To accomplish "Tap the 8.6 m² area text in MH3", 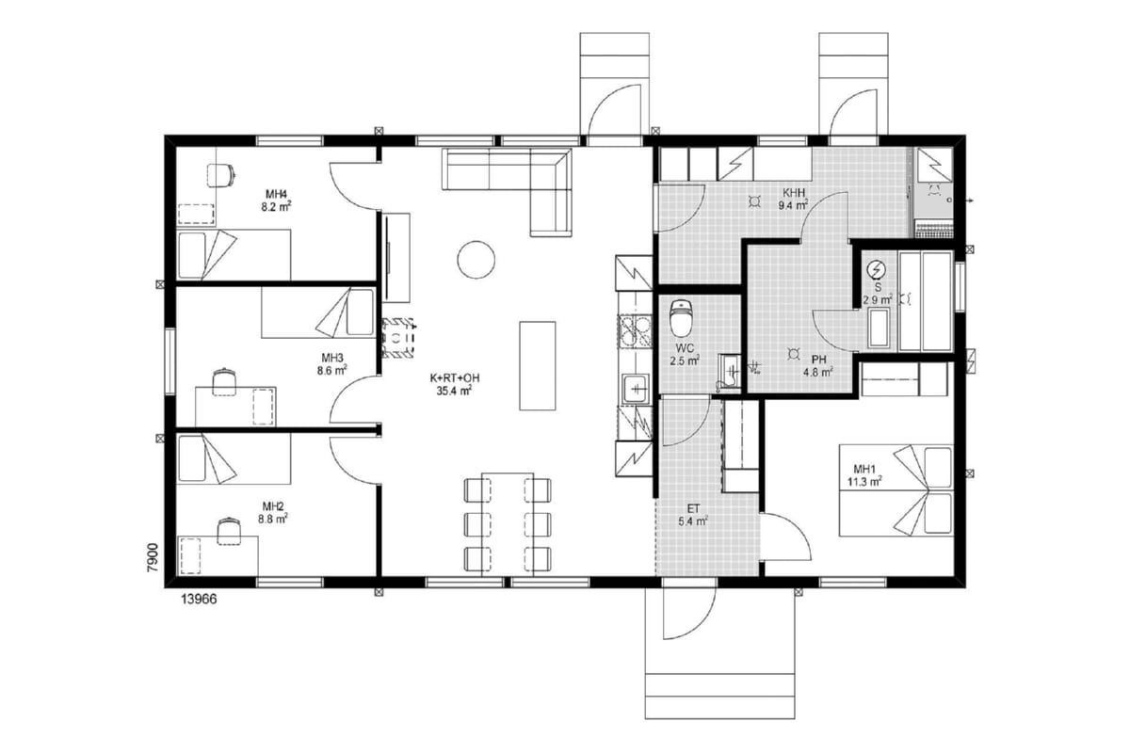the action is point(331,371).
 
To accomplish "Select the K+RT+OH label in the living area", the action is point(454,377).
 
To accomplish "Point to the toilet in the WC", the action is point(681,318).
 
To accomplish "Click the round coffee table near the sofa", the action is point(476,260).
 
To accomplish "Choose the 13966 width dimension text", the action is point(199,600).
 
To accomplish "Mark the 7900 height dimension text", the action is point(153,557).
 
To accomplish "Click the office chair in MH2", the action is point(229,531).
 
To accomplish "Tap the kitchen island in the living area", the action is point(538,365).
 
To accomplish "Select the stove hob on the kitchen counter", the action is point(635,331).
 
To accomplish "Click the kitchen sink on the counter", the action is point(636,389).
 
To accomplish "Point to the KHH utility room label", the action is point(794,192).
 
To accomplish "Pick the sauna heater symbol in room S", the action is point(878,270).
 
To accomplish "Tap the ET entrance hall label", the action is point(693,509).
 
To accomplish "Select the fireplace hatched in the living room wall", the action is point(398,337).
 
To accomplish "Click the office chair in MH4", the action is point(221,175).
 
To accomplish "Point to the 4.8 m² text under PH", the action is point(817,373).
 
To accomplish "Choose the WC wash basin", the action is point(729,371).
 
